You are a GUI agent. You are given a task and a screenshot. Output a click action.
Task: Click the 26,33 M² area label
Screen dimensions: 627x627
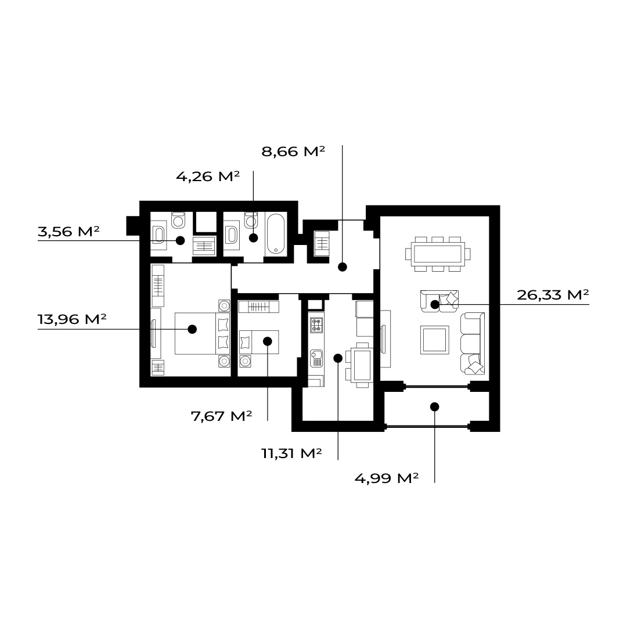(553, 295)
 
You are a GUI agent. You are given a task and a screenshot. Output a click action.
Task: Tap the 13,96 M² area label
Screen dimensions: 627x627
(72, 319)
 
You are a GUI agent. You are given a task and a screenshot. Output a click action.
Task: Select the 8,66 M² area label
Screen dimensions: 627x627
(293, 152)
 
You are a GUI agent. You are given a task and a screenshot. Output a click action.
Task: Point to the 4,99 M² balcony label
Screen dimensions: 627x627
(387, 478)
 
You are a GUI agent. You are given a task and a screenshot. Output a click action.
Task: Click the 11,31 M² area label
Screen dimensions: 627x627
(291, 453)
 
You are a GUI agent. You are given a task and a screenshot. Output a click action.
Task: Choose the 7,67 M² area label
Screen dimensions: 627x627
(222, 416)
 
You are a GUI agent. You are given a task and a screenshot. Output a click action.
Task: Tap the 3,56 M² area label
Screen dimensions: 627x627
(69, 231)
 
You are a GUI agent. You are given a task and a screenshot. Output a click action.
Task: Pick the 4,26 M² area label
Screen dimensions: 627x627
(208, 176)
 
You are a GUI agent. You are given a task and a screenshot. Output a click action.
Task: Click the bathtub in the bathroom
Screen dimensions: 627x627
(276, 234)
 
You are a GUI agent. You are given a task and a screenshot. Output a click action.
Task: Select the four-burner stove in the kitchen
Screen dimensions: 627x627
(316, 325)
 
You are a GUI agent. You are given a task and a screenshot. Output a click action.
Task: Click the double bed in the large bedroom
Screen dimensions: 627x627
(203, 333)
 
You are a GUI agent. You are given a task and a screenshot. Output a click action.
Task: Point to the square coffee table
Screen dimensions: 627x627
(435, 340)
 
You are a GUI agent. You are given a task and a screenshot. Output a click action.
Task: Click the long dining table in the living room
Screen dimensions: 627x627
(438, 254)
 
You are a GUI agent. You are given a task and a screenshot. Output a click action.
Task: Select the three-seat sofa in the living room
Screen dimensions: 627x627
(472, 344)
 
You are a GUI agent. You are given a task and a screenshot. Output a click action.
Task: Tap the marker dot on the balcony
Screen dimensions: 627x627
(435, 406)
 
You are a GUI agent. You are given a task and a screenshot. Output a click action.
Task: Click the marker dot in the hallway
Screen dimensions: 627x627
(343, 267)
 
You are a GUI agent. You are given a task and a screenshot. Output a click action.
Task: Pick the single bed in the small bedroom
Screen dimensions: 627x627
(259, 343)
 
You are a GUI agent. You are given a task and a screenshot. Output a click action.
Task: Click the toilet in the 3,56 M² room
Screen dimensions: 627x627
(178, 221)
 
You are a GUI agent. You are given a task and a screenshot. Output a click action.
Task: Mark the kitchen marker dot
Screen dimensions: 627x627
(338, 358)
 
